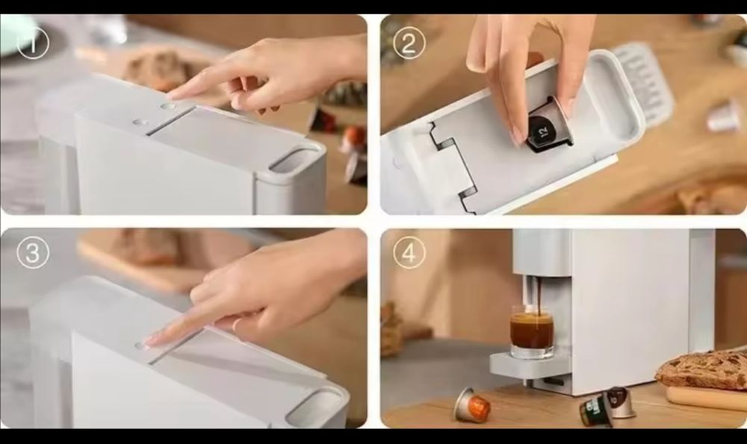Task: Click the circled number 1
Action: (32, 43)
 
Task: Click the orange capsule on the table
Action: (472, 406)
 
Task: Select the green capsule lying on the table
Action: (595, 412)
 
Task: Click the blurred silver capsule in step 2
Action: (723, 117)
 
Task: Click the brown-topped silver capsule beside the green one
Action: (620, 402)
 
